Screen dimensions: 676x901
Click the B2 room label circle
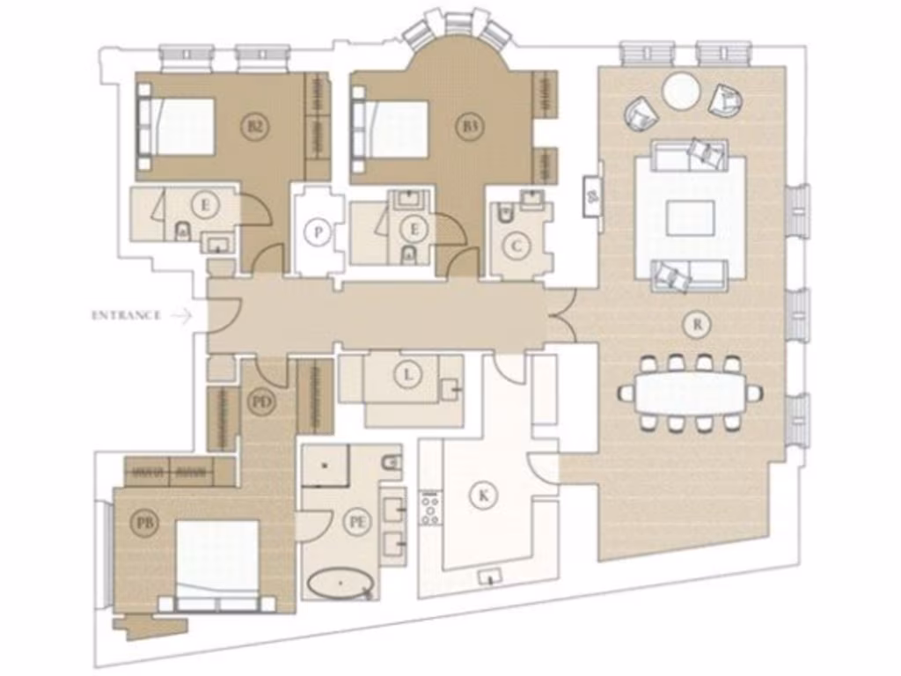254,127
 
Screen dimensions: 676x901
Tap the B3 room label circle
471,127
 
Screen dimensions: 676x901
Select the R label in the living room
697,324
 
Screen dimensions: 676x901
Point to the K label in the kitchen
482,495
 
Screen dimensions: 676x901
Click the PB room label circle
146,523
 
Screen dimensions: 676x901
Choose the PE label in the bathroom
357,521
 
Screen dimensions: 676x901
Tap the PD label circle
261,402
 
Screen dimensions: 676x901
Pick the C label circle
516,246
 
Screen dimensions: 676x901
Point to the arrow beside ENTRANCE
183,315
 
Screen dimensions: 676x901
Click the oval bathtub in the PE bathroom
340,584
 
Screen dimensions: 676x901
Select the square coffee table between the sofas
690,218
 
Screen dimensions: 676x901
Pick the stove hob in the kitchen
431,508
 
